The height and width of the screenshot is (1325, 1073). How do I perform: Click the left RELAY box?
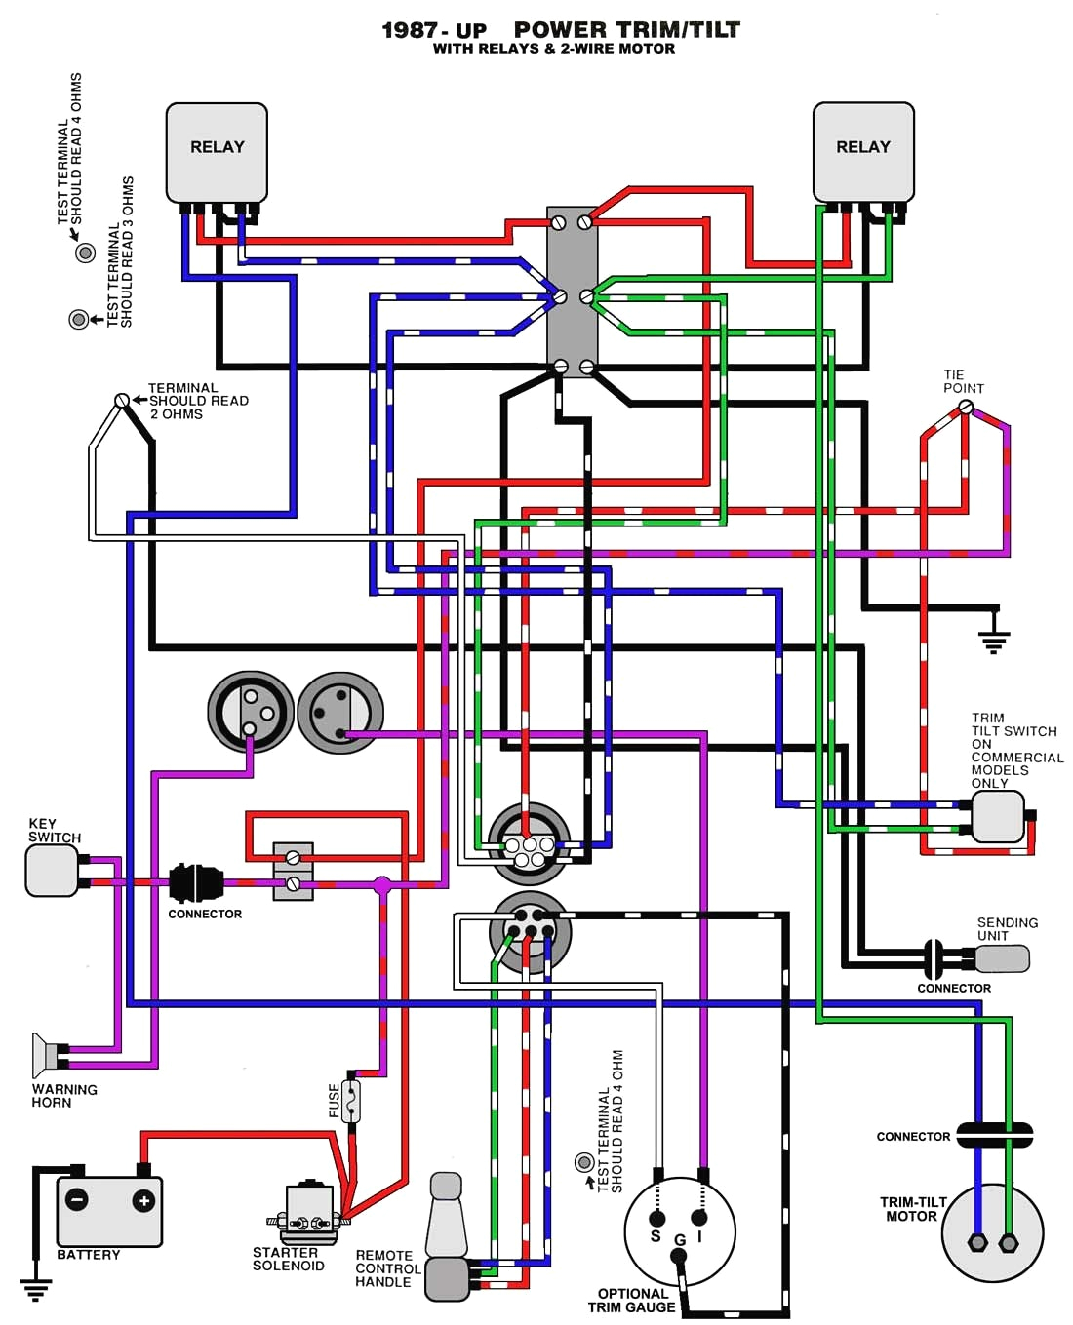(x=217, y=152)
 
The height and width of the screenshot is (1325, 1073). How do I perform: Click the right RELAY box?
(x=863, y=152)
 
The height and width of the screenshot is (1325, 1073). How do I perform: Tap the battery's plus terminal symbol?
(x=143, y=1200)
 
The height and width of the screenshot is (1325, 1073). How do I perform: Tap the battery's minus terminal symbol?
(x=76, y=1200)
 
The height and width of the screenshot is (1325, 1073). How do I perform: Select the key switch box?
(x=52, y=870)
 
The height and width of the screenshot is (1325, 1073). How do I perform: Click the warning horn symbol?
(x=45, y=1055)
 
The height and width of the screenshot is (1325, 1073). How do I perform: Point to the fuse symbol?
(x=351, y=1101)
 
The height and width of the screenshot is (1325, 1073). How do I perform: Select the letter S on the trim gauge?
(x=656, y=1235)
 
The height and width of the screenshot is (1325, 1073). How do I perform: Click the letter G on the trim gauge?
(x=680, y=1240)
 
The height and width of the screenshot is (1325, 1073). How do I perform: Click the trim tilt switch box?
(x=997, y=816)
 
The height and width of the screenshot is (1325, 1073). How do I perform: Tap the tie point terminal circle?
(x=966, y=408)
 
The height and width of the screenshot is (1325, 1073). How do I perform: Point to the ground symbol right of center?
(x=994, y=640)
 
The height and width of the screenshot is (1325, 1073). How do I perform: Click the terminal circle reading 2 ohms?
(x=122, y=401)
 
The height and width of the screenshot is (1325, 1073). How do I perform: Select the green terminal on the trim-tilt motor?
(x=1010, y=1243)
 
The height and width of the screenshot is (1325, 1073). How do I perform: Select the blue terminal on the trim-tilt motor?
(x=977, y=1243)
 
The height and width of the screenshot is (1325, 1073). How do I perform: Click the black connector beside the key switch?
(x=196, y=883)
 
